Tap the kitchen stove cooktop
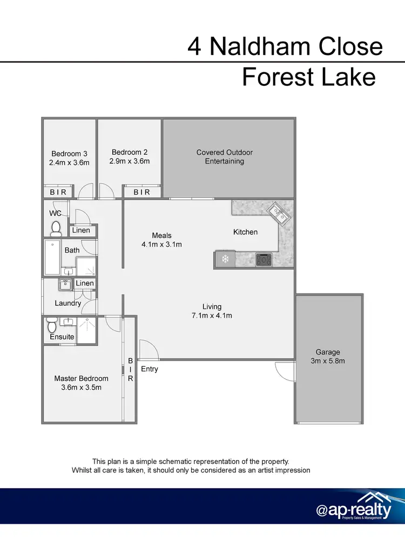click(264, 259)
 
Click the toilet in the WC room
click(55, 229)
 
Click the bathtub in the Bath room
click(52, 258)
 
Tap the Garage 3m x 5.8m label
click(328, 357)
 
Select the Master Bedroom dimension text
click(81, 387)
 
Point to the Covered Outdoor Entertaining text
click(225, 157)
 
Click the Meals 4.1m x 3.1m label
click(161, 239)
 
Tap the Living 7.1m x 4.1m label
click(212, 311)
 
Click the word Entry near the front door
click(150, 369)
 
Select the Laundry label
click(67, 303)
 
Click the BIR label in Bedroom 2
click(141, 192)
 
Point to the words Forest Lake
click(308, 77)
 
